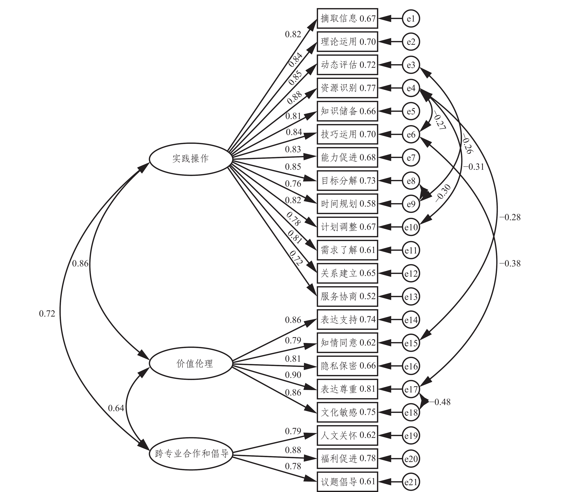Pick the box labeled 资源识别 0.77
[347, 88]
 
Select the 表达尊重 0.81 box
[347, 389]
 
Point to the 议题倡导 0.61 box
[347, 482]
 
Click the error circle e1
[411, 19]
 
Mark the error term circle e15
[411, 343]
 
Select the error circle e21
[411, 482]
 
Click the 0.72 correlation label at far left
[47, 313]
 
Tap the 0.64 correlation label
[116, 408]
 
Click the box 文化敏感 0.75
[347, 412]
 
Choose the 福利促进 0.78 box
[347, 459]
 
